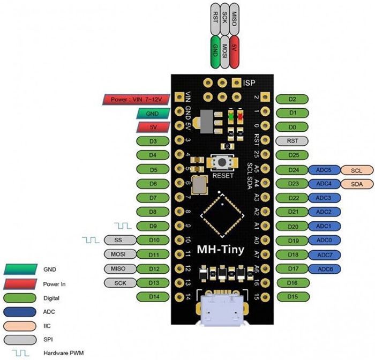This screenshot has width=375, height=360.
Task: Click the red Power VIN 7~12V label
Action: [136, 100]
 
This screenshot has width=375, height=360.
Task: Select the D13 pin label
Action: [153, 283]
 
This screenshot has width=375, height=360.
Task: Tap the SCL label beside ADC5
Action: [357, 170]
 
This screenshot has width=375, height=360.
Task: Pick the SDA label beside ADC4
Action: [357, 184]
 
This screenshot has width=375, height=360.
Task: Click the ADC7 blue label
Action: [325, 255]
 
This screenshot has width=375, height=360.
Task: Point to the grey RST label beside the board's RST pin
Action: [292, 141]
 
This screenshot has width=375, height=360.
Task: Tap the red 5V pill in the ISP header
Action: [235, 51]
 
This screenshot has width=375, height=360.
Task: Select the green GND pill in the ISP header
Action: [215, 51]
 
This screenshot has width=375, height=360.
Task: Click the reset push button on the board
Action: [222, 162]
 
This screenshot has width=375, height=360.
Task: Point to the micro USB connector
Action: [222, 310]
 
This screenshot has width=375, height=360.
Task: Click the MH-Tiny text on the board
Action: [221, 250]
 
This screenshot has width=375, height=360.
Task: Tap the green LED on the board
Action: [231, 117]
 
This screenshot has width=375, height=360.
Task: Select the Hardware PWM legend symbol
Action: [20, 353]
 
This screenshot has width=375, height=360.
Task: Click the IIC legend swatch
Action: [20, 326]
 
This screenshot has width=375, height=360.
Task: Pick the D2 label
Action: [292, 99]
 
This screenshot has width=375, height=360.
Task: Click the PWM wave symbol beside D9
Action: [123, 226]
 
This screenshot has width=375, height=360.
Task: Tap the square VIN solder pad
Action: [179, 97]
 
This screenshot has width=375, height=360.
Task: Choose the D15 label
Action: [293, 297]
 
